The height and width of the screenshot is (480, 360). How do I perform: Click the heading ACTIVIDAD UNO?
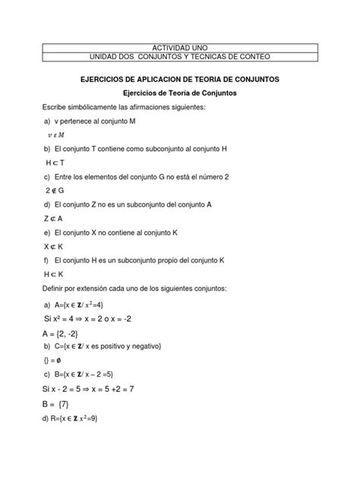(180, 47)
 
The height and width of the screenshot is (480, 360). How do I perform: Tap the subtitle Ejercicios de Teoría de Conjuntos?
(180, 93)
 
